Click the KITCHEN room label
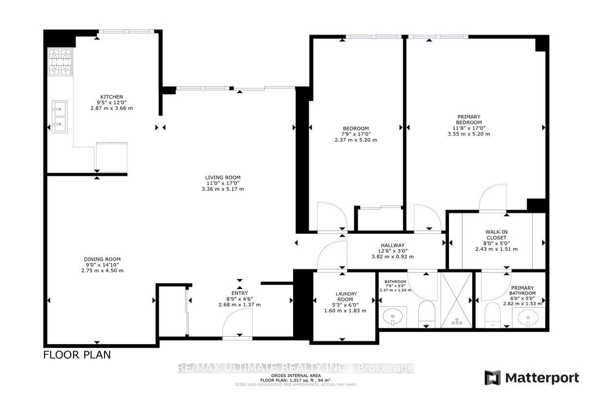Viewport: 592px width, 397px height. point(111,97)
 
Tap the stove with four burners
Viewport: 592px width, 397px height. point(60,62)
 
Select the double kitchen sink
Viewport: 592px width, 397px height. point(60,116)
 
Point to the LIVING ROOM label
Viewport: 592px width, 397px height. point(223,178)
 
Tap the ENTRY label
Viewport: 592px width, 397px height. point(239,293)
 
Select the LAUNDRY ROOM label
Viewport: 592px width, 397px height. point(346,296)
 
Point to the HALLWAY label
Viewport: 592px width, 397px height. point(393,246)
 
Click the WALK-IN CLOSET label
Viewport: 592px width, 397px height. point(496,235)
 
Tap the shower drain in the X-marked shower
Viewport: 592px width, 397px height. point(456,322)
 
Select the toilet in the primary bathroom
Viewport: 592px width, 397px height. point(493,315)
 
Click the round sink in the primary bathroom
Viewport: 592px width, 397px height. point(528,318)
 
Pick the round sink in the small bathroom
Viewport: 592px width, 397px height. point(393,316)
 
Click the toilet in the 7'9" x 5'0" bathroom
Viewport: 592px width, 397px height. point(427,314)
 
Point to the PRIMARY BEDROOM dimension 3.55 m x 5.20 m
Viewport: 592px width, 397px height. point(469,134)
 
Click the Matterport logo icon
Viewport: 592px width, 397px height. point(493,378)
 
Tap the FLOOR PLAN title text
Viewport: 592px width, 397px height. point(77,355)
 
